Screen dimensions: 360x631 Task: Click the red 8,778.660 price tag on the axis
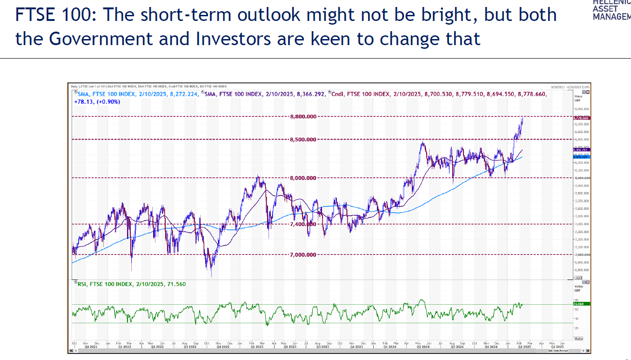coord(582,118)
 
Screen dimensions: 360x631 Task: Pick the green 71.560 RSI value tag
coord(582,304)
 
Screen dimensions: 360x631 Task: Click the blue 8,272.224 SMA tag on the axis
coord(582,157)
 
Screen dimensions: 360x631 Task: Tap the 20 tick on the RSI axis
coord(577,328)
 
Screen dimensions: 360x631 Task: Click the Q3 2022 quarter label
coord(189,347)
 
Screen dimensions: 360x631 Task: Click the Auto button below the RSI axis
coord(578,338)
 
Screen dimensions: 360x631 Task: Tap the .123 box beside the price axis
coord(578,278)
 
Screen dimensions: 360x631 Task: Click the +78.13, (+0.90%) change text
coord(97,101)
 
